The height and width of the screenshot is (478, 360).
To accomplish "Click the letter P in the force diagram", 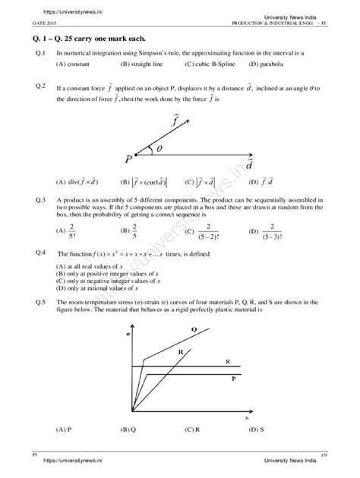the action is click(130, 159).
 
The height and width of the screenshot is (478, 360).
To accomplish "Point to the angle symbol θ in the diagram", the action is click(159, 149).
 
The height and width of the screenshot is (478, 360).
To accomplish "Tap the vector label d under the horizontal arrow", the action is click(249, 165).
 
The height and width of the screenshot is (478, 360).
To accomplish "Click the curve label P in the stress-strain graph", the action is click(232, 377).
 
